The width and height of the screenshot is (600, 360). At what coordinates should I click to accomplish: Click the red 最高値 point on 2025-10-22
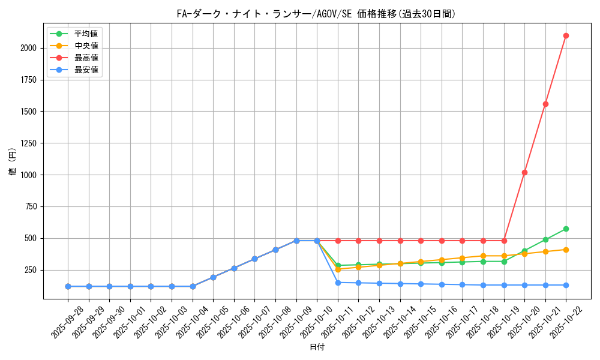pos(566,35)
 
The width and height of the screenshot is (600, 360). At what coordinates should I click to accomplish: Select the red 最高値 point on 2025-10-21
pos(545,104)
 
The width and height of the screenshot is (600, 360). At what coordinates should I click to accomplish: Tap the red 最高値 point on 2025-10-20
pos(524,172)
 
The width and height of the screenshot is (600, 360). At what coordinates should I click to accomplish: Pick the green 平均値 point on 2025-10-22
pos(566,229)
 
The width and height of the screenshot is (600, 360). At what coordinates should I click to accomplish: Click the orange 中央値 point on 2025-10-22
pos(566,250)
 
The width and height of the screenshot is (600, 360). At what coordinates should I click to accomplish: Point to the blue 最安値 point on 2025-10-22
pos(566,285)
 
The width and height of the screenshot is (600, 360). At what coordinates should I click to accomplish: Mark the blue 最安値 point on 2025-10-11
pos(338,283)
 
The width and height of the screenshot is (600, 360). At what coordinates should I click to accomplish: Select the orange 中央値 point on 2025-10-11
pos(338,269)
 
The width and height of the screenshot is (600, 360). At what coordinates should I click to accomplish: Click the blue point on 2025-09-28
pos(68,286)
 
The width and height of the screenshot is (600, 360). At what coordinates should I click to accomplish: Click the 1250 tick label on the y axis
pos(29,143)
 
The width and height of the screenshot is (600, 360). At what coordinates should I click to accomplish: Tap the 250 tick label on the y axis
pos(31,270)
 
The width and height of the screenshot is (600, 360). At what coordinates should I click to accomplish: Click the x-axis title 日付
pos(317,347)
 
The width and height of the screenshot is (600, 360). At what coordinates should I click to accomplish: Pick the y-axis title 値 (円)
pos(13,162)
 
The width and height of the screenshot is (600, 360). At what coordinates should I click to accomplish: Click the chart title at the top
pos(317,14)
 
